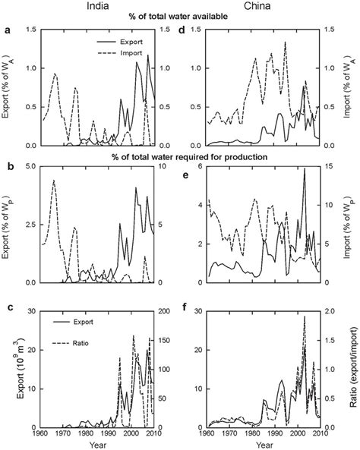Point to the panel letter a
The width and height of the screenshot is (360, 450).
[x=7, y=30]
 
